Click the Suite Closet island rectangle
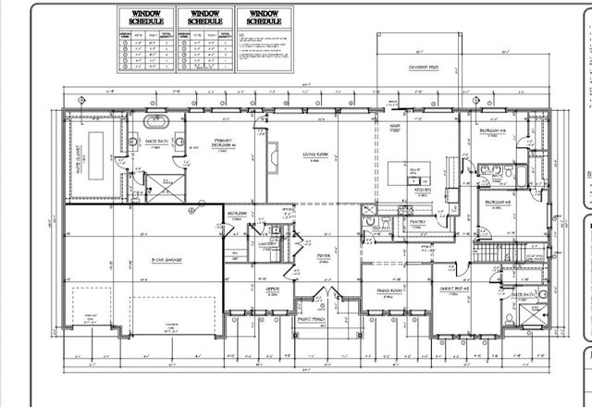click(92, 172)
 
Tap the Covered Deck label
click(424, 68)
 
